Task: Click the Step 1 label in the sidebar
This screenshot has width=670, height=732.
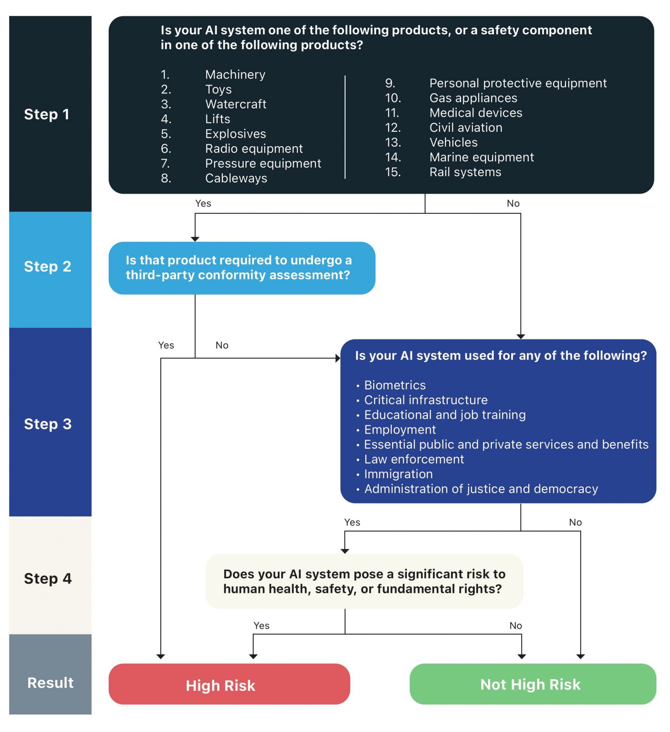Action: click(x=47, y=114)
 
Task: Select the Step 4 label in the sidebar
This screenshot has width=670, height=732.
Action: click(x=48, y=578)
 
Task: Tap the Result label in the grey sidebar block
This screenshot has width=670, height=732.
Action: click(x=50, y=683)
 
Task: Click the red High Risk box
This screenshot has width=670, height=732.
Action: click(x=229, y=684)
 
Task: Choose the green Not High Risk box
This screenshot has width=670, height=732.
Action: click(x=532, y=684)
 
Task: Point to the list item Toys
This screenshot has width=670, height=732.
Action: click(x=218, y=89)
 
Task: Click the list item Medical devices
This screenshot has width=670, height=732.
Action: click(x=475, y=113)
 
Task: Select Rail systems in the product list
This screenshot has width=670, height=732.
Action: click(x=465, y=172)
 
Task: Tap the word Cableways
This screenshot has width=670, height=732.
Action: click(x=236, y=178)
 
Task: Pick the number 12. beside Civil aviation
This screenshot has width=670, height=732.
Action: click(x=393, y=128)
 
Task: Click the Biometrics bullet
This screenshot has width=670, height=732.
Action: click(x=395, y=385)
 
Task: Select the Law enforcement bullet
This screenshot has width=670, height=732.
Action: click(x=414, y=459)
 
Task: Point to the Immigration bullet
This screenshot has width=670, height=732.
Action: click(x=398, y=474)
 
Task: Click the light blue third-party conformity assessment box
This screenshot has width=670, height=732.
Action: click(x=241, y=268)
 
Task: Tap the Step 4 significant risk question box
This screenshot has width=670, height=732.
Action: click(x=364, y=581)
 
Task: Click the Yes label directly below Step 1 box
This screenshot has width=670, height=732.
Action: click(x=203, y=203)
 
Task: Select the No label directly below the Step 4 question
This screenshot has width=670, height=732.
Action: click(x=515, y=625)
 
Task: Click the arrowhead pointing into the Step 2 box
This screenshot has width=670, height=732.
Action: click(x=195, y=239)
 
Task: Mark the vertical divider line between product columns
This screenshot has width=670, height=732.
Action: click(x=345, y=127)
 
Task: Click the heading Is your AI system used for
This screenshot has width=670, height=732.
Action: click(x=500, y=356)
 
